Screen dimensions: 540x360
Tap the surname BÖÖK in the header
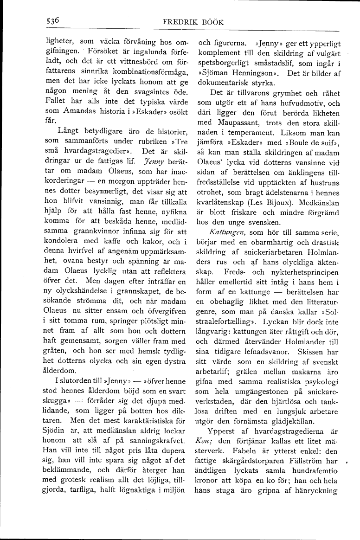[x=214, y=22]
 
